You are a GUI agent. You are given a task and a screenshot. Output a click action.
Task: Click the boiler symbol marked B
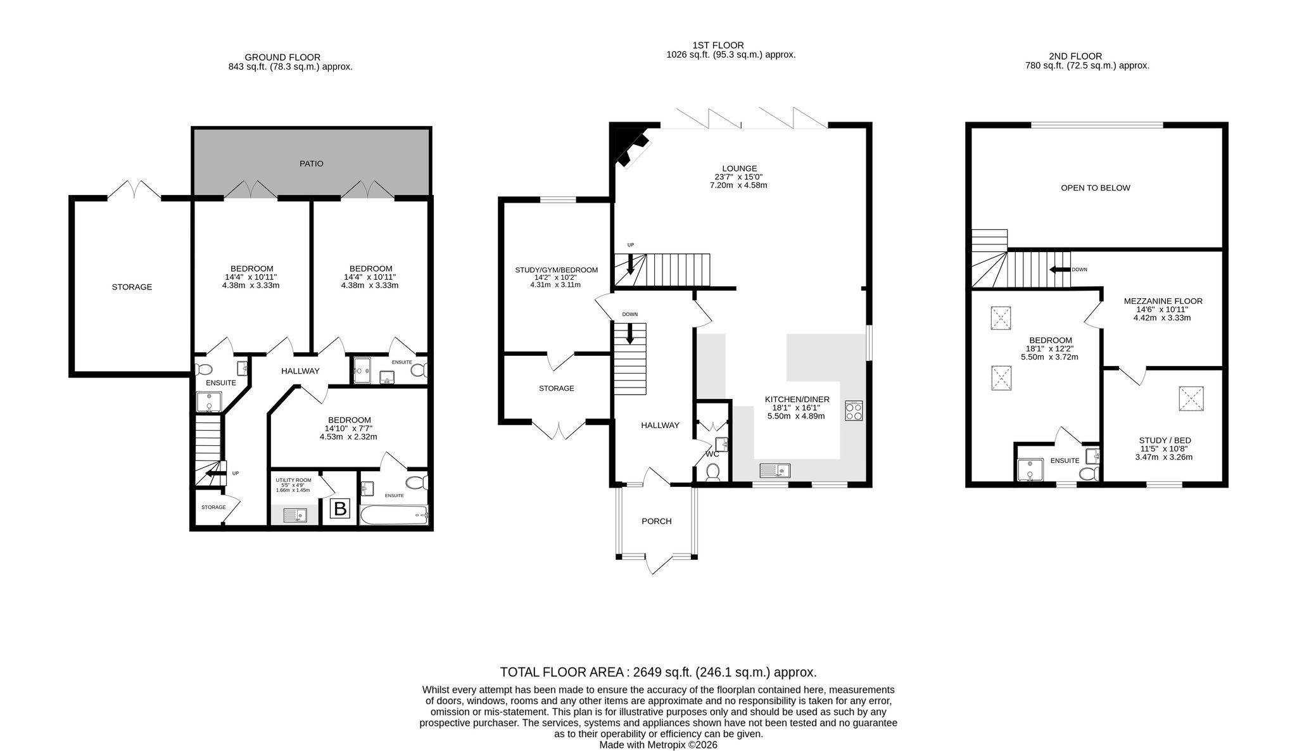click(x=341, y=508)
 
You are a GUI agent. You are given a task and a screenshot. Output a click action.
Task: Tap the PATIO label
click(x=312, y=163)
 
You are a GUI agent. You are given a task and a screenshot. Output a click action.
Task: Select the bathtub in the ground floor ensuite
click(x=393, y=515)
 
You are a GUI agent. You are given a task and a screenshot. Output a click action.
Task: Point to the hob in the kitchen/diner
click(x=854, y=411)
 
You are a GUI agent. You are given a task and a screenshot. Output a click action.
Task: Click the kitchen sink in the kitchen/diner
click(x=775, y=470)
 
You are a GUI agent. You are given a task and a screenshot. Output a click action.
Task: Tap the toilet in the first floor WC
click(x=712, y=472)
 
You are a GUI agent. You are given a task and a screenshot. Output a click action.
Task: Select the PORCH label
click(x=656, y=521)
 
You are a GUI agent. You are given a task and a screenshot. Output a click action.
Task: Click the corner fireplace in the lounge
click(x=634, y=146)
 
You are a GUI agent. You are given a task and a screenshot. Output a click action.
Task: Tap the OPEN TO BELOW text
click(x=1096, y=188)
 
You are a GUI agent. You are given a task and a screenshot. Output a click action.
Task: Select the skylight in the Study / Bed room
click(x=1191, y=398)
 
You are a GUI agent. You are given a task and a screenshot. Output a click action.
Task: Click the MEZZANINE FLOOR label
click(x=1163, y=301)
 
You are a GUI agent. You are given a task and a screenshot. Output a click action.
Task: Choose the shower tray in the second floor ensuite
click(x=1029, y=470)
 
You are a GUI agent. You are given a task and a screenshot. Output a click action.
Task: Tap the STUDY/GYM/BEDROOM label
click(x=556, y=270)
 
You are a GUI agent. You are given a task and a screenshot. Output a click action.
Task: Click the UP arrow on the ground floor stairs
click(x=215, y=472)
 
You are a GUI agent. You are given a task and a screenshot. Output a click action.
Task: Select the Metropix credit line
click(x=658, y=745)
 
